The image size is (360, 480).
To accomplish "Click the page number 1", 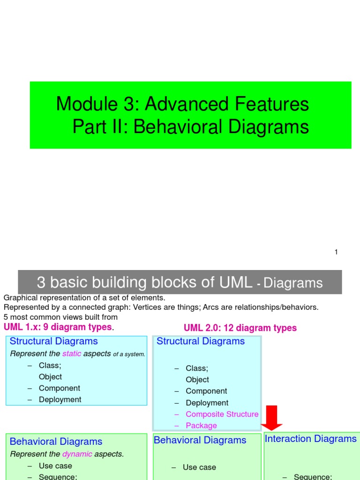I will (336, 252).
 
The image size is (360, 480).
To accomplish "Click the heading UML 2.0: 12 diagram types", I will (240, 328).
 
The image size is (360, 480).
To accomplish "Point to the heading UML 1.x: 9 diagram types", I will (58, 327).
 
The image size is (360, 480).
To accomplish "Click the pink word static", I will (72, 354).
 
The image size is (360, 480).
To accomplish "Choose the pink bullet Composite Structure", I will (222, 414).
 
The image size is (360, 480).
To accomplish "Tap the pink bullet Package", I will (201, 426).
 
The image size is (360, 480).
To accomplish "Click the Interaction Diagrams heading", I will (310, 439).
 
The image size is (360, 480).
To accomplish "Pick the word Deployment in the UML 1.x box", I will (60, 400).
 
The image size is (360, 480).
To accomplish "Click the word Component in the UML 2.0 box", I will (206, 391).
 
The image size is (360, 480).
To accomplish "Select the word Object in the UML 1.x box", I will (50, 377).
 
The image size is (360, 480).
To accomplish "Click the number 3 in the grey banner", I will (41, 282).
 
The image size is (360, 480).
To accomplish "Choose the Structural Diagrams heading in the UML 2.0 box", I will (200, 341).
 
